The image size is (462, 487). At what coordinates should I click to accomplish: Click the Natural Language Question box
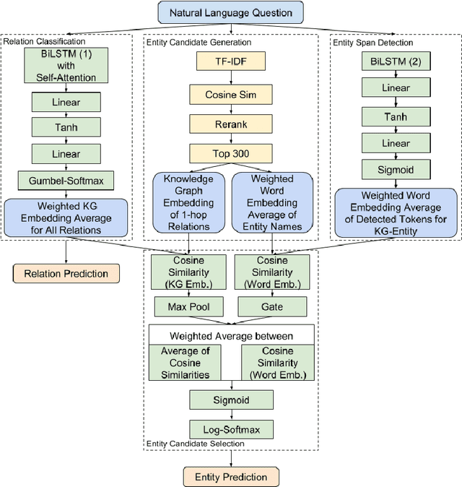(230, 12)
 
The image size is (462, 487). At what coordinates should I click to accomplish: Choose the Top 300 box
(230, 152)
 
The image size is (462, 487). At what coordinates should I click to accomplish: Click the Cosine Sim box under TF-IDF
(230, 93)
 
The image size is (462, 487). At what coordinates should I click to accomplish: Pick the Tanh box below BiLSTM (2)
(395, 117)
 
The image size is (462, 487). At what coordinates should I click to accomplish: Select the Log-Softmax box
(231, 429)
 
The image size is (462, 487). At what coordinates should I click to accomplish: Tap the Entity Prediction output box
(231, 476)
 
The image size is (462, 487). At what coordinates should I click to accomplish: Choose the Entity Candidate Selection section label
(196, 444)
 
